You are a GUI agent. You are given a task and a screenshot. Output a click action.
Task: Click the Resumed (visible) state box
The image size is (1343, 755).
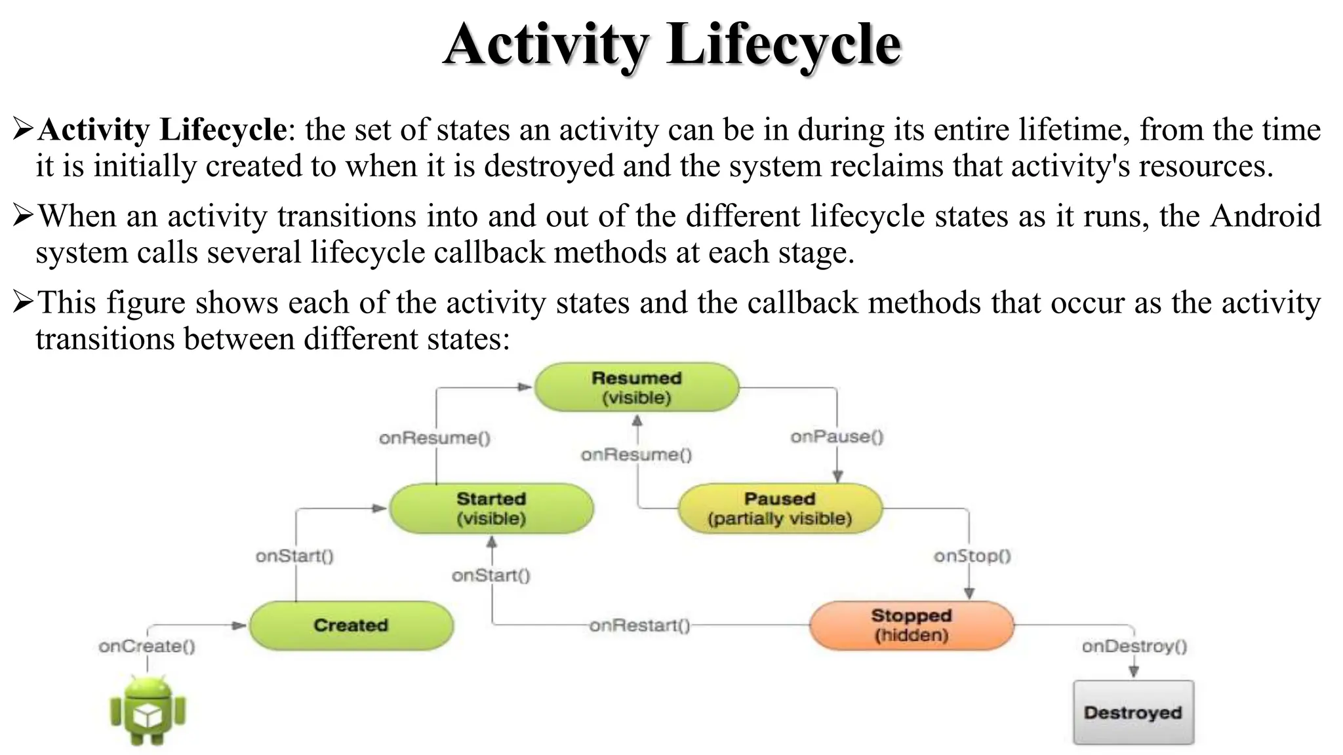636,387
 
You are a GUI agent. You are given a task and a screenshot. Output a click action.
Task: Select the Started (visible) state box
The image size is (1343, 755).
491,509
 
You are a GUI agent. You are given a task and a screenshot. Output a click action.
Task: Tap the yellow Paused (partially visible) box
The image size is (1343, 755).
780,509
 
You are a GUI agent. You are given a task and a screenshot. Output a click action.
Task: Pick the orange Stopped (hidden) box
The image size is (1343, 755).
911,625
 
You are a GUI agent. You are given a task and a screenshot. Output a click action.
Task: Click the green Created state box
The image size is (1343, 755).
351,625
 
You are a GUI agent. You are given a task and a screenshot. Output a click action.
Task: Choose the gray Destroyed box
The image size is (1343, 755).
1133,712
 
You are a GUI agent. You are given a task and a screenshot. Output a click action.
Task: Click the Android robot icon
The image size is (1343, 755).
148,711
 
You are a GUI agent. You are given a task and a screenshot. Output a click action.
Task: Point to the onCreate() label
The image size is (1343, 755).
147,646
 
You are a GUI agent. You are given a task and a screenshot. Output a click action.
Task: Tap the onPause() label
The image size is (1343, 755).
837,436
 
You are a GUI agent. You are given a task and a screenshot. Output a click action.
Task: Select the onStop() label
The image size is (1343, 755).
972,556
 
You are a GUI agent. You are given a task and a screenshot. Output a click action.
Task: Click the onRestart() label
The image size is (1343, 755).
639,625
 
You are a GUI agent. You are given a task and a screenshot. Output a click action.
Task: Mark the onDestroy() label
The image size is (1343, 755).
1134,646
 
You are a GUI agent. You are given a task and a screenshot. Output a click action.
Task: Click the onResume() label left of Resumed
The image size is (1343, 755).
435,438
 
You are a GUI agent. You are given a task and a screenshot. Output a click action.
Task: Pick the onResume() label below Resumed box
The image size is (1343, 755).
636,454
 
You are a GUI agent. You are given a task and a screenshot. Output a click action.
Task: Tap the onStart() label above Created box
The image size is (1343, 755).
294,556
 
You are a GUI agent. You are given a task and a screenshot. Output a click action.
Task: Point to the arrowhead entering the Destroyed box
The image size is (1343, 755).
1133,672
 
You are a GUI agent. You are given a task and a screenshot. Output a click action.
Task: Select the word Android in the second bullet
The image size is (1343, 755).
1265,216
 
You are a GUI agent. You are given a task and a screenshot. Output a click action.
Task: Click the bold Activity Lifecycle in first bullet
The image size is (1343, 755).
162,129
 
